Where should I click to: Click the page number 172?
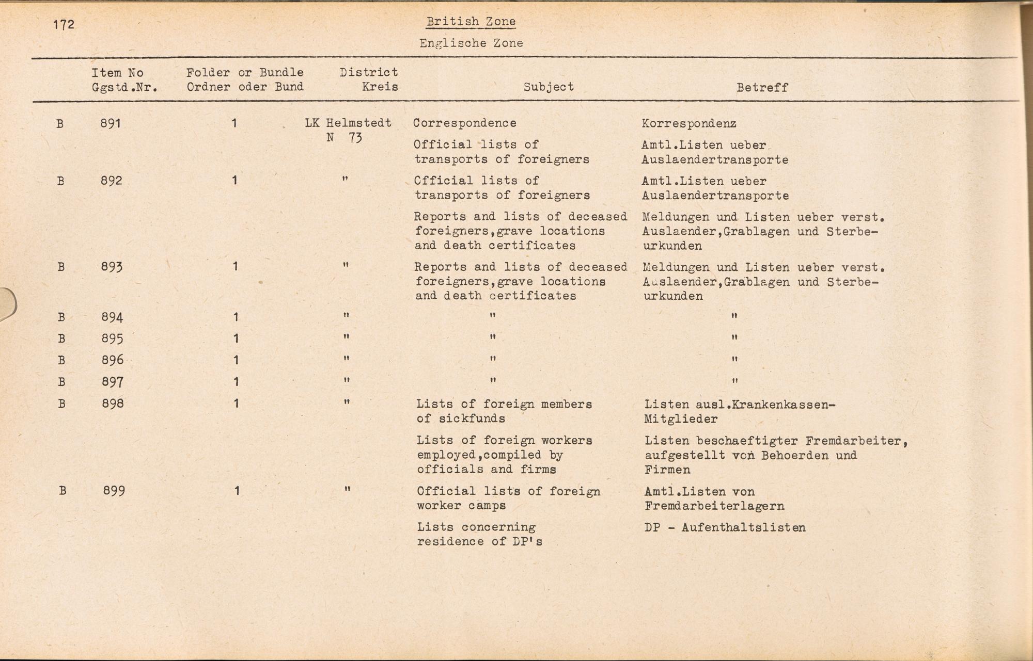click(x=64, y=24)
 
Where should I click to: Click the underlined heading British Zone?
click(x=471, y=22)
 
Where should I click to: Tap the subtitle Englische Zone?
click(x=471, y=43)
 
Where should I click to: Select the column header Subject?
click(x=549, y=87)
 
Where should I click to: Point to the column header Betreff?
click(x=762, y=88)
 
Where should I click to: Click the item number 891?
click(x=111, y=123)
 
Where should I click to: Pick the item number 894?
click(x=112, y=317)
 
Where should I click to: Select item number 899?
click(x=114, y=491)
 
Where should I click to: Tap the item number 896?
click(x=113, y=360)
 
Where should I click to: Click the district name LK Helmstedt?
click(x=348, y=123)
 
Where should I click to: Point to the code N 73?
click(x=344, y=138)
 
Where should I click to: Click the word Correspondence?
click(x=464, y=123)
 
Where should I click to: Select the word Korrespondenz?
click(x=689, y=124)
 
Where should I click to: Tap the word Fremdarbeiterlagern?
click(x=714, y=506)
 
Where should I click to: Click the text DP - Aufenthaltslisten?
click(x=725, y=527)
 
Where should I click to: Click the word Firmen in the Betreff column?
click(x=667, y=470)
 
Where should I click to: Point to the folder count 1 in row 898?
click(x=236, y=404)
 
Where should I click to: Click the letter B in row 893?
click(x=61, y=267)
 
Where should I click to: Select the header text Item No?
click(x=117, y=73)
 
